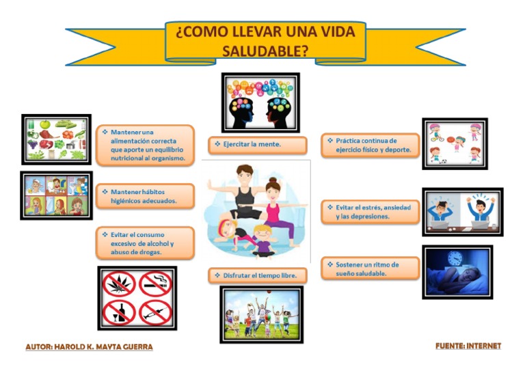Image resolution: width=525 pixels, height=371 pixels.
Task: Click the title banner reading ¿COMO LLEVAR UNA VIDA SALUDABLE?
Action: pyautogui.click(x=265, y=42)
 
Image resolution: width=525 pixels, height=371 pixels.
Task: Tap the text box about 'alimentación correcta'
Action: pyautogui.click(x=145, y=145)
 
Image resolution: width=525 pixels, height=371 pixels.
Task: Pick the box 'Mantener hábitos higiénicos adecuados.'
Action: pyautogui.click(x=145, y=197)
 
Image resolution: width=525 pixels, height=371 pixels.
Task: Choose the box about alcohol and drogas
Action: pyautogui.click(x=145, y=243)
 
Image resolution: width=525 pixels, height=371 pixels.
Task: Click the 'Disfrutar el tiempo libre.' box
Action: pyautogui.click(x=257, y=275)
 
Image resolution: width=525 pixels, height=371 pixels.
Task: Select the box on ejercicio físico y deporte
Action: pyautogui.click(x=370, y=146)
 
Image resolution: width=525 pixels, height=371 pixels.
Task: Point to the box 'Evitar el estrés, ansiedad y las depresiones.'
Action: pyautogui.click(x=370, y=211)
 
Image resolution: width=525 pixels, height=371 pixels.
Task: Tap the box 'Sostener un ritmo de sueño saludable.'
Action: pyautogui.click(x=370, y=268)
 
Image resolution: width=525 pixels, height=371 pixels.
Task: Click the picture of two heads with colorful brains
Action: pyautogui.click(x=260, y=102)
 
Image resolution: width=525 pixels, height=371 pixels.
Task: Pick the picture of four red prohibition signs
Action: pyautogui.click(x=137, y=298)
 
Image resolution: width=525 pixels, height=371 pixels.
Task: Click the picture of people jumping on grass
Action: pyautogui.click(x=261, y=314)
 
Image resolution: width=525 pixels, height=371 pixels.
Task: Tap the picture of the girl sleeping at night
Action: pyautogui.click(x=457, y=272)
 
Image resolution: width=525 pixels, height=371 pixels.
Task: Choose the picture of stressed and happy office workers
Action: pyautogui.click(x=462, y=212)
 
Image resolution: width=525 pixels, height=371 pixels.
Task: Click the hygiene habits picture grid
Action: pyautogui.click(x=56, y=195)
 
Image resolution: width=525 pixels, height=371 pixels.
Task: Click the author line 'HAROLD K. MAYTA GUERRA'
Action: pyautogui.click(x=89, y=347)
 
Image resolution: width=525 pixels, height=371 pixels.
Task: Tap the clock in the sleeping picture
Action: pyautogui.click(x=455, y=259)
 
